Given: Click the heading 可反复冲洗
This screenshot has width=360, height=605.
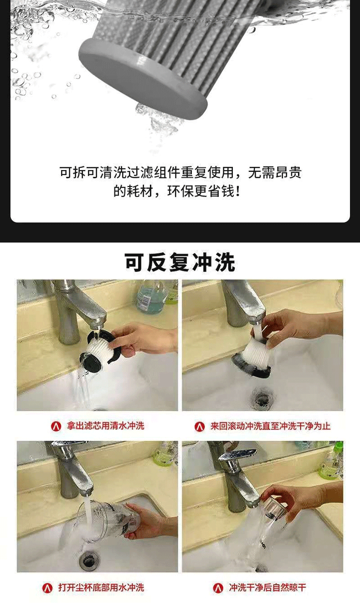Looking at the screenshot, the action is pos(180,262).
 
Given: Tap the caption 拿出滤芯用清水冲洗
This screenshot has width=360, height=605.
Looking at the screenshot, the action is pos(106,426).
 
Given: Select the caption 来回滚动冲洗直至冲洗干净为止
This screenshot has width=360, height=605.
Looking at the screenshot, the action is pos(270,426).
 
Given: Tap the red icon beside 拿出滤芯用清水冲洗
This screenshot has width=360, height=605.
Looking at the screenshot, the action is pos(56,426).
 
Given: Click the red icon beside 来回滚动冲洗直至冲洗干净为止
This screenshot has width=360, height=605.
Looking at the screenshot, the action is pos(200,427).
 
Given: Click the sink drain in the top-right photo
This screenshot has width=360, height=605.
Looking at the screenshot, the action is pos(261,397).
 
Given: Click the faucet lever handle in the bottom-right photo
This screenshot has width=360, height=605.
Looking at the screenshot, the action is pos(237,454).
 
